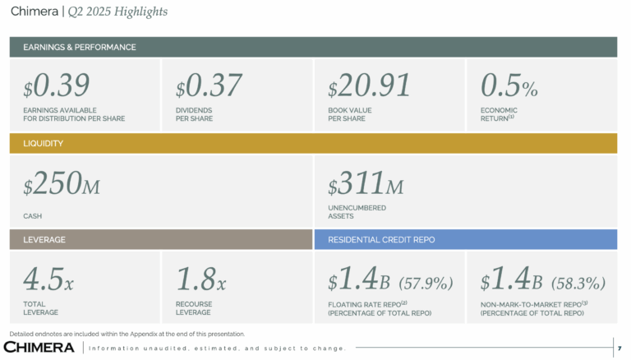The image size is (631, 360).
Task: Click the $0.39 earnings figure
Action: [x=56, y=86]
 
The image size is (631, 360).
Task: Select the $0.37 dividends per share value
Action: [x=209, y=86]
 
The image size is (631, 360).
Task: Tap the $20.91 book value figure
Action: [x=369, y=86]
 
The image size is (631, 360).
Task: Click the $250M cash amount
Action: [x=62, y=187]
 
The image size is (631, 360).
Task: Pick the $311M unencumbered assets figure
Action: [x=366, y=187]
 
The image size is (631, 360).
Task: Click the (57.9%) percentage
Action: [x=426, y=284]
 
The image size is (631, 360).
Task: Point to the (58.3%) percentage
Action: [x=578, y=284]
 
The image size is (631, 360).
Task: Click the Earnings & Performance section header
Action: [x=80, y=47]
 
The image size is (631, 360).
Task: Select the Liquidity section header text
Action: [x=43, y=143]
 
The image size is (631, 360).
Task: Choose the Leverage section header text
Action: [x=44, y=239]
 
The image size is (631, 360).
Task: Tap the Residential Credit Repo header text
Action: [x=381, y=239]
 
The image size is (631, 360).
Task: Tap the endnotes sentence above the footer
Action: [x=127, y=334]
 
